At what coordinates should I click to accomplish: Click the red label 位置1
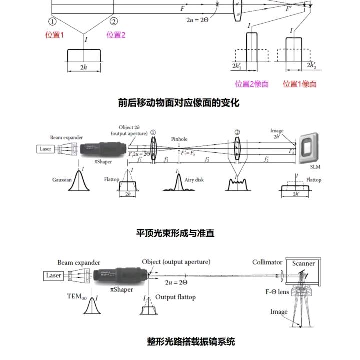55,35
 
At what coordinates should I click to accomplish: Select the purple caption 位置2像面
252,84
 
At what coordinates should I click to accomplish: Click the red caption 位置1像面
300,84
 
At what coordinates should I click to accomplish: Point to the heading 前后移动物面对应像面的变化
179,103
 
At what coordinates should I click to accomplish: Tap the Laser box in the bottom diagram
53,275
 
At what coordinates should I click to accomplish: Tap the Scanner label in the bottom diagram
303,263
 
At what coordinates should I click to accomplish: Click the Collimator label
267,262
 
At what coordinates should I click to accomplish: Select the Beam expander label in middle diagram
66,137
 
